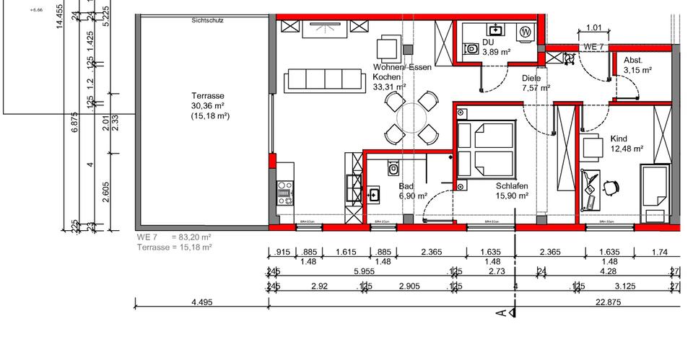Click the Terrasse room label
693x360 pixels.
coord(207,96)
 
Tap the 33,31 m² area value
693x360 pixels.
coord(389,87)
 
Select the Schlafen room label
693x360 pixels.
coord(512,185)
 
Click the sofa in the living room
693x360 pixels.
coord(323,80)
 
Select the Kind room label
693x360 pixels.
coord(619,139)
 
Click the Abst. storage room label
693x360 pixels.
coord(633,61)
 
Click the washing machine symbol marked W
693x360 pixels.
coord(526,32)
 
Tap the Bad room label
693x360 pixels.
coord(406,186)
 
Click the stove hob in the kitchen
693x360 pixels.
coord(284,190)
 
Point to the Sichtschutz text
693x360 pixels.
coord(207,21)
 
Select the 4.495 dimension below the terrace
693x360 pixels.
coord(201,303)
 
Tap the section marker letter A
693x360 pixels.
coord(500,312)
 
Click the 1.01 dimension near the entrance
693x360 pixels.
coord(593,28)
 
